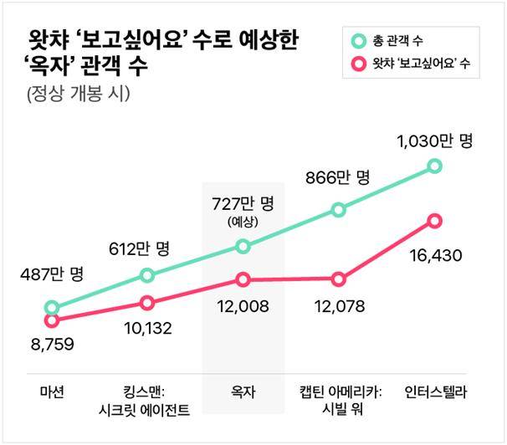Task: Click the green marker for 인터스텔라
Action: (x=433, y=166)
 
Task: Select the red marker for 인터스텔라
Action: (x=433, y=221)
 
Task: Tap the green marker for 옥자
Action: (x=243, y=246)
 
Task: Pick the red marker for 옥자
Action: (x=243, y=279)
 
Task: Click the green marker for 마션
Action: (x=52, y=308)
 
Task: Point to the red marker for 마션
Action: (x=52, y=320)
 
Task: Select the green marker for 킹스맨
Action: (x=147, y=275)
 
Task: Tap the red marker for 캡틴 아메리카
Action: (x=338, y=279)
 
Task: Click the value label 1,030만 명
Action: (x=433, y=141)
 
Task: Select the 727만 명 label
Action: (x=243, y=204)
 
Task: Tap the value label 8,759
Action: (x=52, y=342)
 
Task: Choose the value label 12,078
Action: (x=338, y=307)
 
